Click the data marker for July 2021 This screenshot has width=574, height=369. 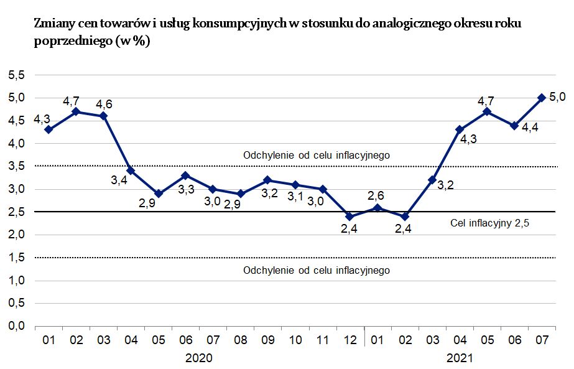[542, 98]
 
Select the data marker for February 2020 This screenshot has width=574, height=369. [76, 111]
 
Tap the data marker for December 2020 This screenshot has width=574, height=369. [350, 217]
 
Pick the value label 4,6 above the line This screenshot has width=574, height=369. [104, 103]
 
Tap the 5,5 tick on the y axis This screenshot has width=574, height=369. [16, 75]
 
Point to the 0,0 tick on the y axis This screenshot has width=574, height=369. [16, 326]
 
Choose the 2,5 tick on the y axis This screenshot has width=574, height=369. [16, 212]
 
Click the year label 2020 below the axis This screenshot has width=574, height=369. [200, 358]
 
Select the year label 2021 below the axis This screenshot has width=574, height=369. [460, 358]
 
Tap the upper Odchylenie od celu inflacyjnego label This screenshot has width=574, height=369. [317, 155]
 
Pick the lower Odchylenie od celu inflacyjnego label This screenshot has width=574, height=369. [317, 270]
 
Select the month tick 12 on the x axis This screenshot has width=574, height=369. [350, 340]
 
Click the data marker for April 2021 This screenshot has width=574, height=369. [460, 129]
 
